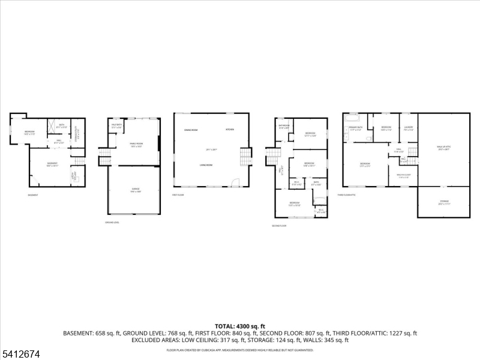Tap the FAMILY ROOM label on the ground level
click(136, 144)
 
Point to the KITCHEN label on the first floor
click(230, 130)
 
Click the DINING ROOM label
click(191, 130)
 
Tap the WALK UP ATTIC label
click(444, 149)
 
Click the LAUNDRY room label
click(409, 127)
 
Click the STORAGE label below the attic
click(444, 202)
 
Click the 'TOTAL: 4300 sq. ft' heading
click(240, 326)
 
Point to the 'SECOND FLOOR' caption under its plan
click(279, 226)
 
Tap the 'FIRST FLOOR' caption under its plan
click(178, 195)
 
